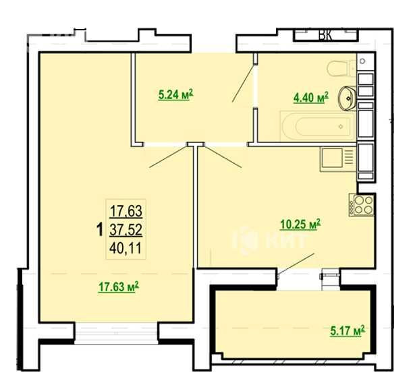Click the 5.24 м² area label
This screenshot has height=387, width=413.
(x=176, y=94)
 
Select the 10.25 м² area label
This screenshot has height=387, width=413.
(x=300, y=225)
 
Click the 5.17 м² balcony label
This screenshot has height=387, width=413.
(x=348, y=330)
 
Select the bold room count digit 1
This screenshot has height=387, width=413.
(x=99, y=230)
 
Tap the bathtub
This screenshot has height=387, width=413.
(x=316, y=126)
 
